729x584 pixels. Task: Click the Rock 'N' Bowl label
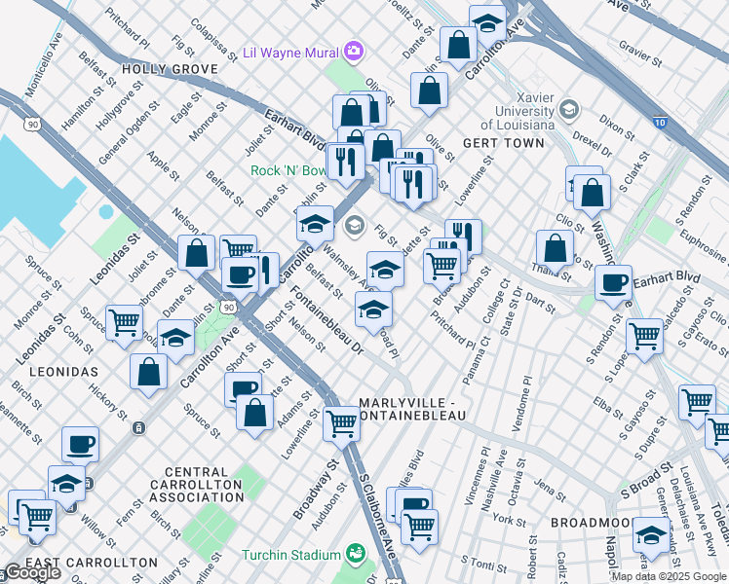pyautogui.click(x=289, y=170)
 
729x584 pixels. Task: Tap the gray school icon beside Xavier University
pyautogui.click(x=569, y=108)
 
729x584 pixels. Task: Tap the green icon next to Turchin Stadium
pyautogui.click(x=358, y=554)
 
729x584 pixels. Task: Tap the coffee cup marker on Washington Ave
pyautogui.click(x=613, y=283)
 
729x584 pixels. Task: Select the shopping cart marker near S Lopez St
pyautogui.click(x=644, y=335)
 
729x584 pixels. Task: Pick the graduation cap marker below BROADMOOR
pyautogui.click(x=651, y=535)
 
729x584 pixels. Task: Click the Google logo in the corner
pyautogui.click(x=32, y=572)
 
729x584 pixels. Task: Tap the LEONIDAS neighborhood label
pyautogui.click(x=57, y=373)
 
